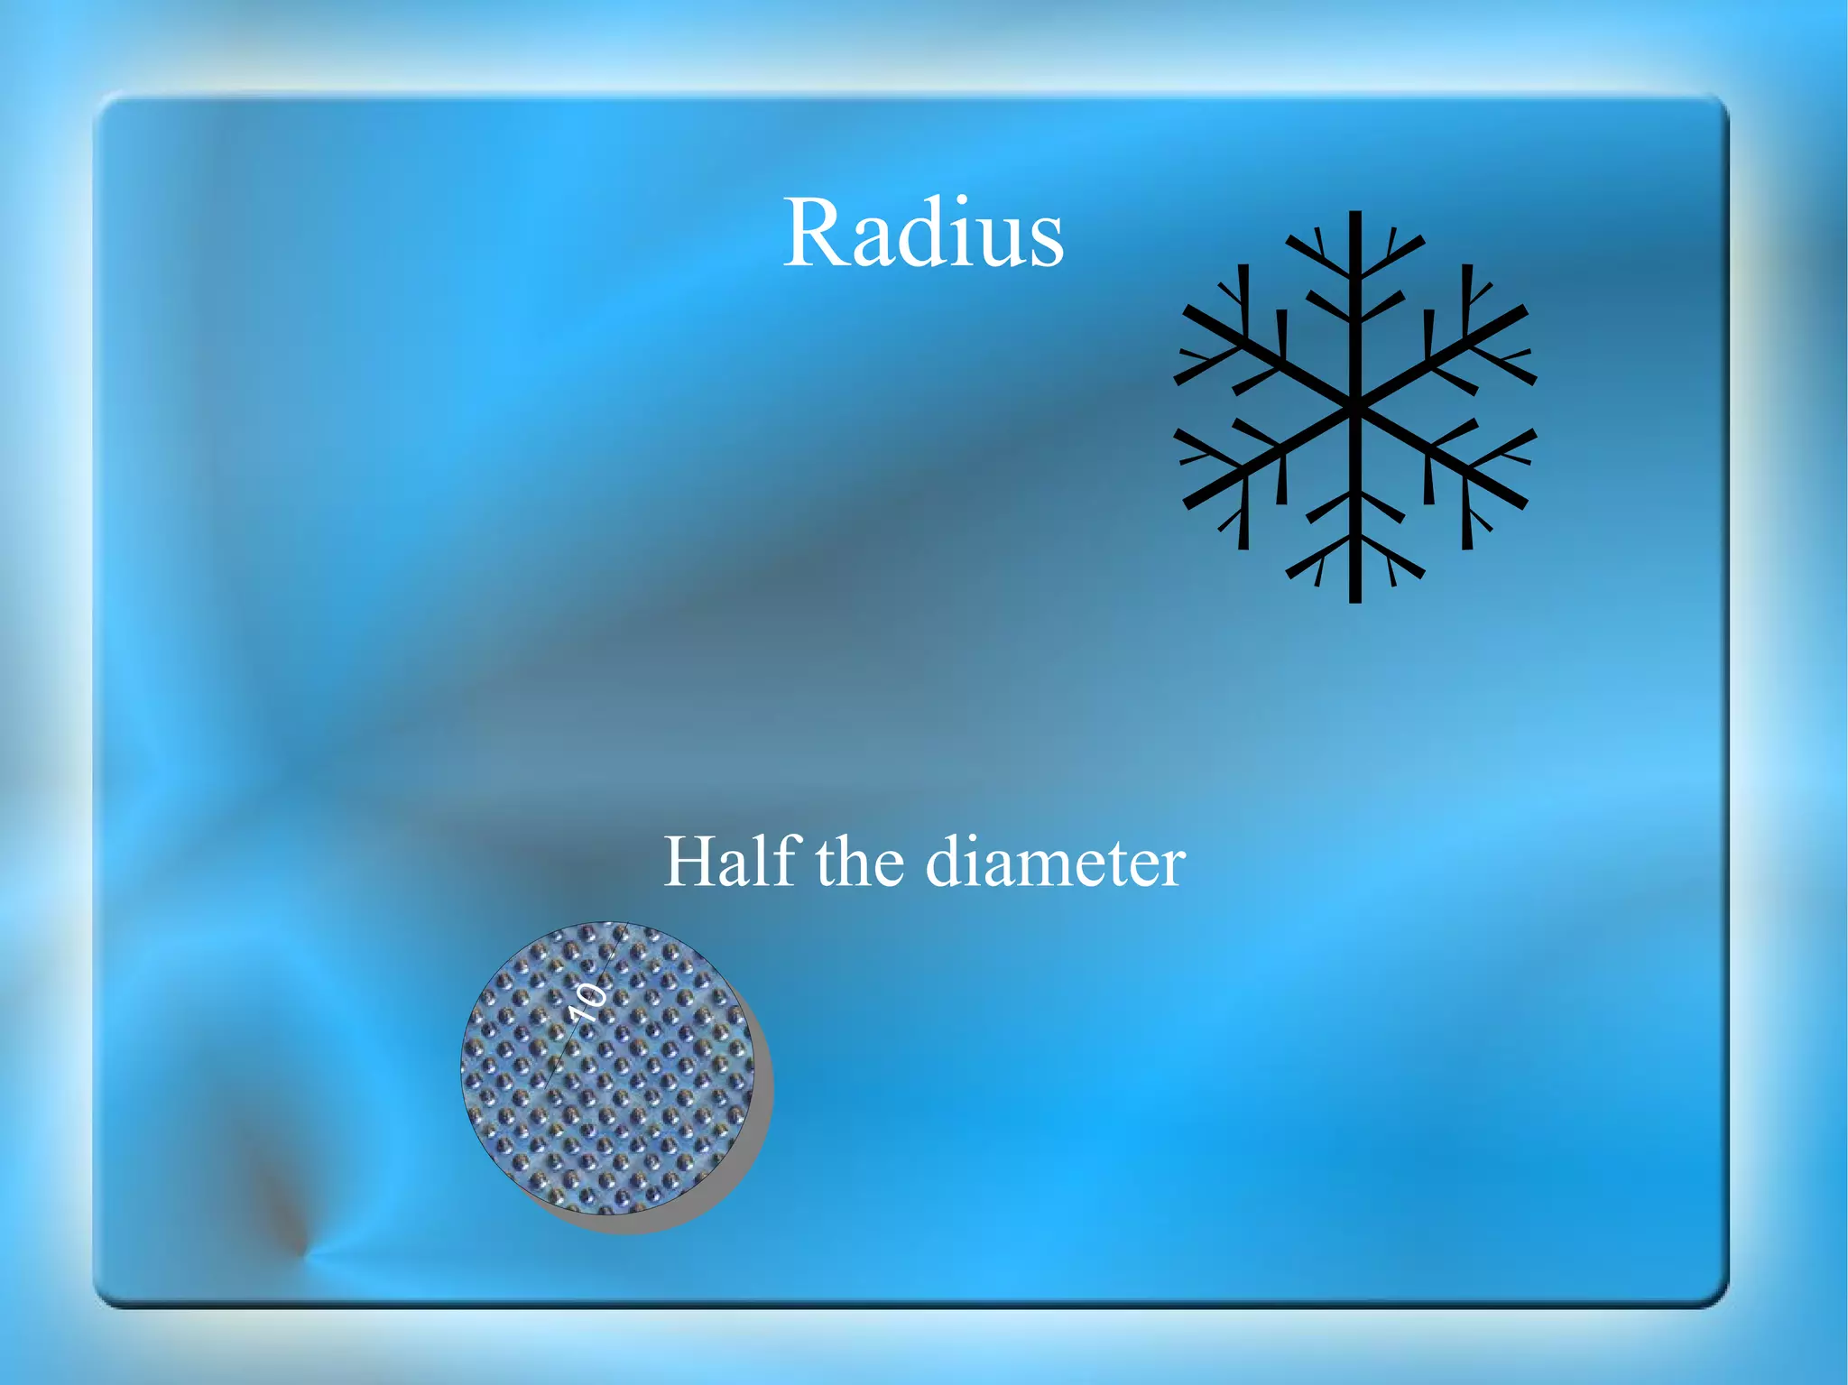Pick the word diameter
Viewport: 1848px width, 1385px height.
pos(1055,863)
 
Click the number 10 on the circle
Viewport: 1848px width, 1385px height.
pos(588,1002)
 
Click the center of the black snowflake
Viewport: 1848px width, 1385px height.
pos(1354,407)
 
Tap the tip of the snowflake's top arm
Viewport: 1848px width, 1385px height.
pos(1354,217)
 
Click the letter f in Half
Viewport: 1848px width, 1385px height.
pos(789,859)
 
